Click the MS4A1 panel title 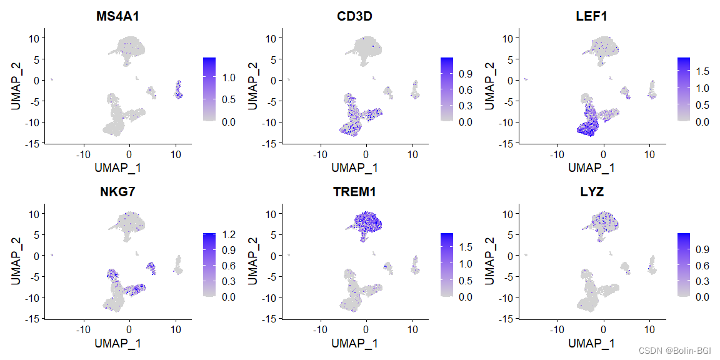[118, 17]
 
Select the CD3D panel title [355, 17]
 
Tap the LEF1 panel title [592, 17]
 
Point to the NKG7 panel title [118, 192]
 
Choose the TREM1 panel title [355, 192]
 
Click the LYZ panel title [592, 192]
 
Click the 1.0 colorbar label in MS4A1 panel [228, 77]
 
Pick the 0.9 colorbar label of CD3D [465, 74]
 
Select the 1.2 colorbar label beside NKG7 [228, 234]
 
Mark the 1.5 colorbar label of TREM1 [465, 247]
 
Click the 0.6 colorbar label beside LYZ [702, 265]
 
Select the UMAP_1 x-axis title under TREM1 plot [355, 343]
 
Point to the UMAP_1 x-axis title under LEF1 [592, 167]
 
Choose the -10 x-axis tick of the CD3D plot [320, 152]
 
